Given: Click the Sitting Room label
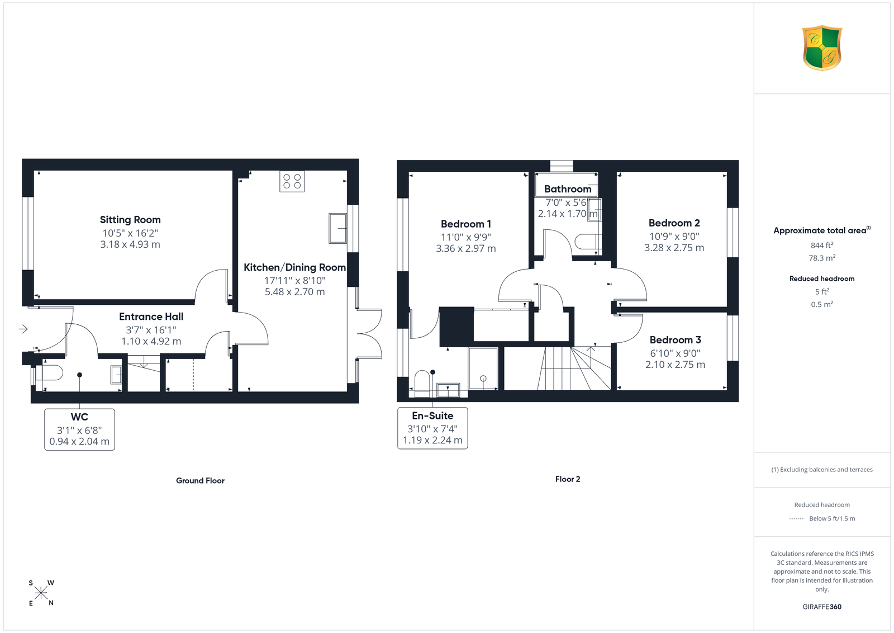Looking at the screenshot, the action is [x=130, y=220].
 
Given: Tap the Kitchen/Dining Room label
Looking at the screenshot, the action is [x=294, y=267].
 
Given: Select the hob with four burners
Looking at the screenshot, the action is [x=292, y=181].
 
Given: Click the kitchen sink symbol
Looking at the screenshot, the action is [x=337, y=228].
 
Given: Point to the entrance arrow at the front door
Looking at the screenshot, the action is [x=23, y=329].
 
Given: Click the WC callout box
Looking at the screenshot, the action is [x=79, y=429].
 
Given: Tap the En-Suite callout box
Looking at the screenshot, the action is [x=432, y=428].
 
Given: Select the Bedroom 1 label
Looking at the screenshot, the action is [x=466, y=224].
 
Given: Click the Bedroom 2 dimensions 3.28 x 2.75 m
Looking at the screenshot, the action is [x=674, y=248].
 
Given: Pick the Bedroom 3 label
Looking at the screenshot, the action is [x=676, y=340].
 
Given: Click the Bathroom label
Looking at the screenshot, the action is [x=568, y=189].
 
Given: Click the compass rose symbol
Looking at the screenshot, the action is [x=41, y=593].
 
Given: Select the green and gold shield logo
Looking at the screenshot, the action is [x=822, y=48].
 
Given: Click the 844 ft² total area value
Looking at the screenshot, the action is [x=822, y=245].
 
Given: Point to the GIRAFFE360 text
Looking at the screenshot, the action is [x=822, y=607].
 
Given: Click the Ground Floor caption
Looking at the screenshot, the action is [x=201, y=480].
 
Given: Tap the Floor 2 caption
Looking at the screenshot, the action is [x=568, y=479].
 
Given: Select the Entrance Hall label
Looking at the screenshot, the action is [x=151, y=316].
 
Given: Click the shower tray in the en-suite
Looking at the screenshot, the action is [x=483, y=368].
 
